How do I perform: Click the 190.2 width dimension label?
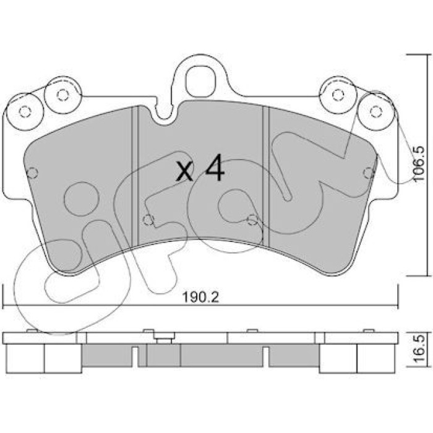click(200, 298)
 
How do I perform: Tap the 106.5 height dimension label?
click(419, 163)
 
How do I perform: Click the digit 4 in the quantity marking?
click(215, 168)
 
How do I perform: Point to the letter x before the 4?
click(184, 171)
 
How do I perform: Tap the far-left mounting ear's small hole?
click(25, 111)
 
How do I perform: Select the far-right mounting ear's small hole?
click(376, 111)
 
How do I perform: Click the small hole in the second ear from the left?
click(62, 95)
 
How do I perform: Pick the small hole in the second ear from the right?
click(338, 95)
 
